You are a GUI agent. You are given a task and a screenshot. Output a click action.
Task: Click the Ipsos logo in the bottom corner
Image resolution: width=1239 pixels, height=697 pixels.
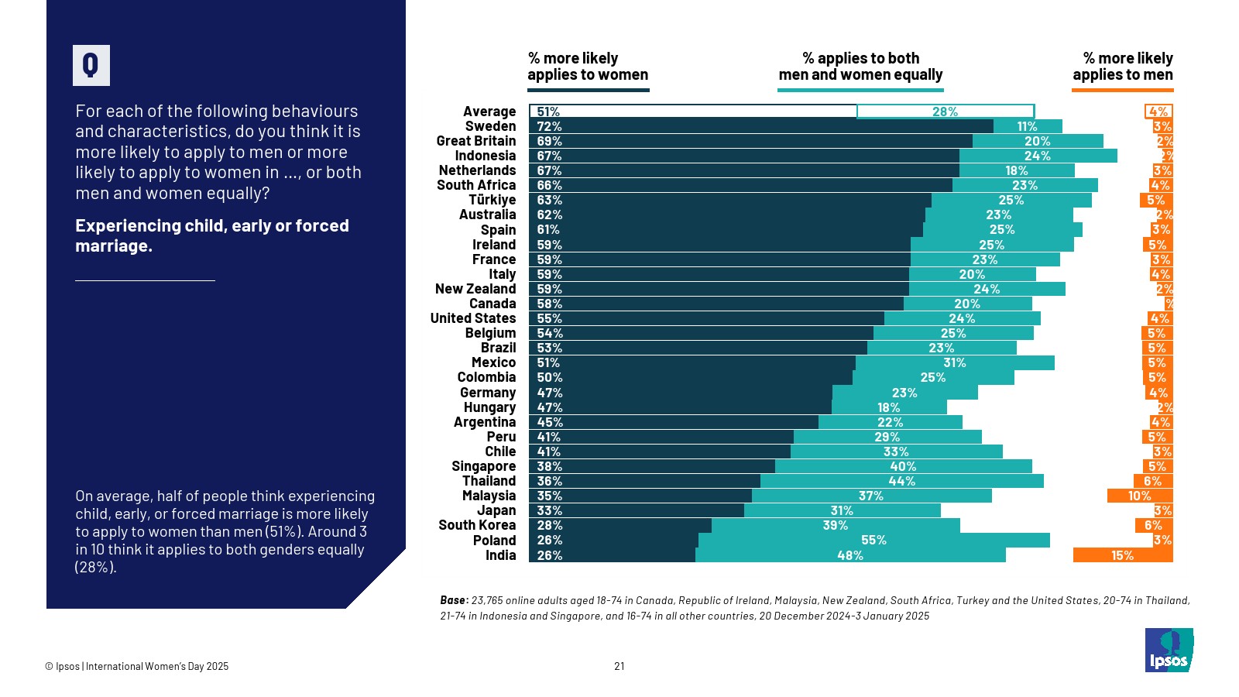[x=1169, y=651]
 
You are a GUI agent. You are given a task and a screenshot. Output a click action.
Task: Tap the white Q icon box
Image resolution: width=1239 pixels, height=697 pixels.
[x=91, y=65]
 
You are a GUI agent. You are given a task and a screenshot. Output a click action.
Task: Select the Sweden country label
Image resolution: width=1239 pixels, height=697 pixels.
[x=490, y=126]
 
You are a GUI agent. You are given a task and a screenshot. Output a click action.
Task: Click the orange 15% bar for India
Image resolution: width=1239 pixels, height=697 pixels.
[x=1123, y=555]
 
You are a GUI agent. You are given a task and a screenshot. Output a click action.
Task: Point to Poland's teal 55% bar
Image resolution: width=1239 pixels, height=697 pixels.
[x=873, y=541]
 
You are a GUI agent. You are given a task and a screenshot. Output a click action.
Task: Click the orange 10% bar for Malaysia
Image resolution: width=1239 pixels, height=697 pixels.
[x=1140, y=496]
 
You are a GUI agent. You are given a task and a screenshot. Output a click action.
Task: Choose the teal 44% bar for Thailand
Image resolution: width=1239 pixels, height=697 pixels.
[x=901, y=481]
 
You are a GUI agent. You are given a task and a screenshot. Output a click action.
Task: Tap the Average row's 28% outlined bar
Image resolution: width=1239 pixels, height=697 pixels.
[x=945, y=112]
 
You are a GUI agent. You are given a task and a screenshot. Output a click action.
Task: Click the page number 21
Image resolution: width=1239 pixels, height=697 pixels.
[x=619, y=666]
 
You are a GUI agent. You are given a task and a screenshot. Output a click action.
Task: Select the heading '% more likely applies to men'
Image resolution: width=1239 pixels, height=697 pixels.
[x=1123, y=67]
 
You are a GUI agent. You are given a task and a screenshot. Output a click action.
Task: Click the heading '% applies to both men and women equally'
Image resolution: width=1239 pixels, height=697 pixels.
[x=860, y=67]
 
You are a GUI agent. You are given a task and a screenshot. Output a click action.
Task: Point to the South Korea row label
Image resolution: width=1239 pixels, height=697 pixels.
[x=477, y=525]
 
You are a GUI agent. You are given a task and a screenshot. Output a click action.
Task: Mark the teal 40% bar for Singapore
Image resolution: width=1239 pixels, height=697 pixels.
[x=903, y=466]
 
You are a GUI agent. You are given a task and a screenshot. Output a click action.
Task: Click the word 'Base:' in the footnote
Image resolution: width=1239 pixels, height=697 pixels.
[x=454, y=600]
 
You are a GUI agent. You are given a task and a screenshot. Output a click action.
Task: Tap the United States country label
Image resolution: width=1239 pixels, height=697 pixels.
[x=473, y=318]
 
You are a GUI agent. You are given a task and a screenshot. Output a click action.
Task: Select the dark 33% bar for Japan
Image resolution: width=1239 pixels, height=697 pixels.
[x=637, y=510]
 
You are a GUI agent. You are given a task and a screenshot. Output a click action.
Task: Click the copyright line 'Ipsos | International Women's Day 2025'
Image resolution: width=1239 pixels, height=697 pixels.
[x=137, y=666]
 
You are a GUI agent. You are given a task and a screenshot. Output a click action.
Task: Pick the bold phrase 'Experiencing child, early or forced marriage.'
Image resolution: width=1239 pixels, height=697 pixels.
[x=211, y=235]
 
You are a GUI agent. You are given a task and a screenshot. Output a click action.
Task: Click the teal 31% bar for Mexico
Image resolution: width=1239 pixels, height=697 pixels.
[x=955, y=362]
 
